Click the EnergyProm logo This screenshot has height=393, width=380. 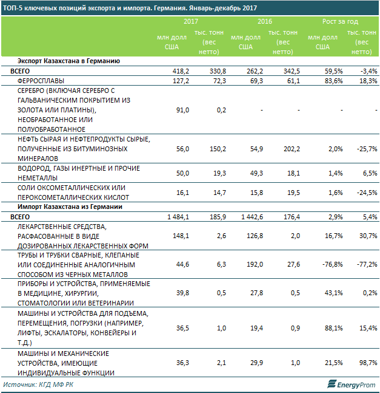352,384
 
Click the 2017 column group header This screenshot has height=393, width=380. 191,21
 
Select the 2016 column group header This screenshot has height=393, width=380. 265,21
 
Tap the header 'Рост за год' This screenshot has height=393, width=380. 340,21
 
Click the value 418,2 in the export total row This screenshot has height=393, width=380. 181,71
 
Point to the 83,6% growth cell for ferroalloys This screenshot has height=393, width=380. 334,81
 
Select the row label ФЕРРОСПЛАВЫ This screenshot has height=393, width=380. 41,81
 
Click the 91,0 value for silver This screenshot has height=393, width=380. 182,110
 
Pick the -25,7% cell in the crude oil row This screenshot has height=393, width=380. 367,149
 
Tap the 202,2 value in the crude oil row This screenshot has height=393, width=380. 292,149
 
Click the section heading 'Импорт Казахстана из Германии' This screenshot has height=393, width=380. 70,207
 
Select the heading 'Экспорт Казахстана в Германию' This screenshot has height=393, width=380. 68,61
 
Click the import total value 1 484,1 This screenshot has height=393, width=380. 178,217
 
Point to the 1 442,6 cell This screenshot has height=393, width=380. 252,217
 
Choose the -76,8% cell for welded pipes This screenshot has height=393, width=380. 333,264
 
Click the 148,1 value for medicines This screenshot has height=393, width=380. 181,236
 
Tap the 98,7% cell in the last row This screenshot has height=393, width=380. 368,363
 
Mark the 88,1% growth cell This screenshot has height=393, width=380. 334,328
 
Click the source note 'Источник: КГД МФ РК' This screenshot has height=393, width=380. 38,384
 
